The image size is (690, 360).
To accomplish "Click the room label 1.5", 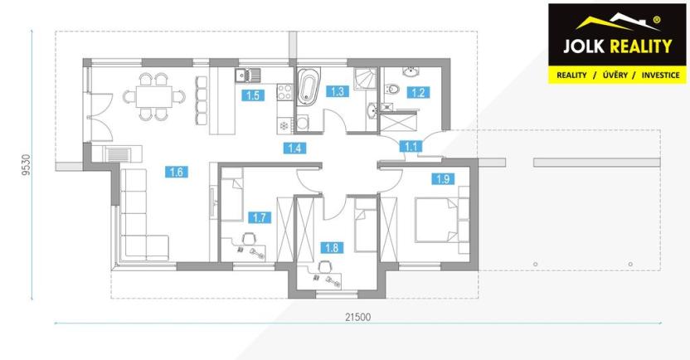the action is point(253,95).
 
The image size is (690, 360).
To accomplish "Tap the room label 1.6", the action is point(177,172).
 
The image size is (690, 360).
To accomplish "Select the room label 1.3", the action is point(337,91).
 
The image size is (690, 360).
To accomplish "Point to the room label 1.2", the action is point(418,92).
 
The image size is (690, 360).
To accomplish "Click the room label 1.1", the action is point(411,146).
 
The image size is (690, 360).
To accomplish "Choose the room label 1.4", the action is point(294,148).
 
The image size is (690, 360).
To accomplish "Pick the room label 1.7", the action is point(260,217).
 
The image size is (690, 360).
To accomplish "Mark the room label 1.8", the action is point(332,248).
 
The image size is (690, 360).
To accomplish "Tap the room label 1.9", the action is point(443,179).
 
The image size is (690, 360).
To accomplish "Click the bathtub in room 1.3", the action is point(308,87).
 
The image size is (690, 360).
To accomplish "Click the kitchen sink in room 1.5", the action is point(248,75).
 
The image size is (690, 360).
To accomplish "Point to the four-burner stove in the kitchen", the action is point(284,91).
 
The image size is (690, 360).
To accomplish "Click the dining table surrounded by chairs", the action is point(154,96).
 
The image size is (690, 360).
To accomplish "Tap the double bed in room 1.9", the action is point(436,220).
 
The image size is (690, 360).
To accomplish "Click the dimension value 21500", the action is point(357,317).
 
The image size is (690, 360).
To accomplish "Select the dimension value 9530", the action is point(27,165).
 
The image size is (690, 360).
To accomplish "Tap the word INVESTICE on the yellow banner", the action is point(660,75).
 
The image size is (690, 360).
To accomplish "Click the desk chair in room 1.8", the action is point(324,266).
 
